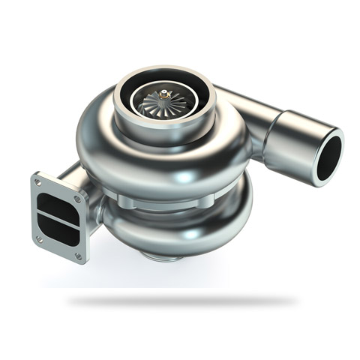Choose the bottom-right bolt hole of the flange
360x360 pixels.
click(79, 253)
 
